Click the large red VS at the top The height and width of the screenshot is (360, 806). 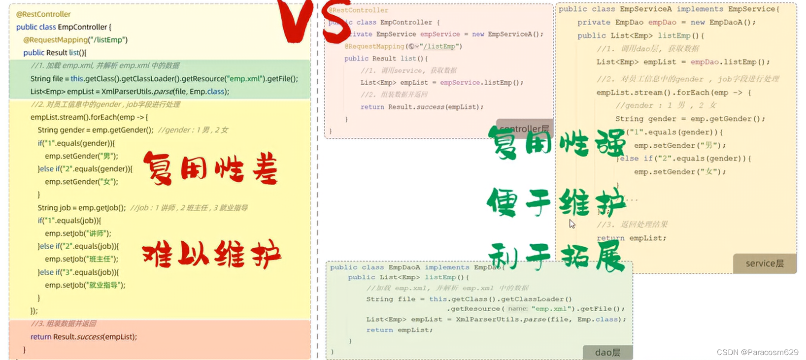(315, 20)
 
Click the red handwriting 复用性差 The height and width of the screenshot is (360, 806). (211, 168)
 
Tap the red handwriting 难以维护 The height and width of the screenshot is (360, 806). (212, 254)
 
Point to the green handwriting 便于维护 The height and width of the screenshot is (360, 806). (556, 202)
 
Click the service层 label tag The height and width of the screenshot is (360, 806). (765, 263)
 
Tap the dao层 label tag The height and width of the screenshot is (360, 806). (607, 353)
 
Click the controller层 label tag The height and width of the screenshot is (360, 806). (524, 129)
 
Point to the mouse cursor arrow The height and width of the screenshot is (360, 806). (571, 224)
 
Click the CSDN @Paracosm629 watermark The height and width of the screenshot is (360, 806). (757, 352)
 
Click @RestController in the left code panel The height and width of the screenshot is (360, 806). (43, 14)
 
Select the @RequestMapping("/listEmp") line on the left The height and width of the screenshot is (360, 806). (75, 40)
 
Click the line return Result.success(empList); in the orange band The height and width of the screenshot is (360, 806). (84, 337)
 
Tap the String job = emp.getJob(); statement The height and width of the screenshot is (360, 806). (82, 208)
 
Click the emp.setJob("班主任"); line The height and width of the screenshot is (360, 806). (82, 259)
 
